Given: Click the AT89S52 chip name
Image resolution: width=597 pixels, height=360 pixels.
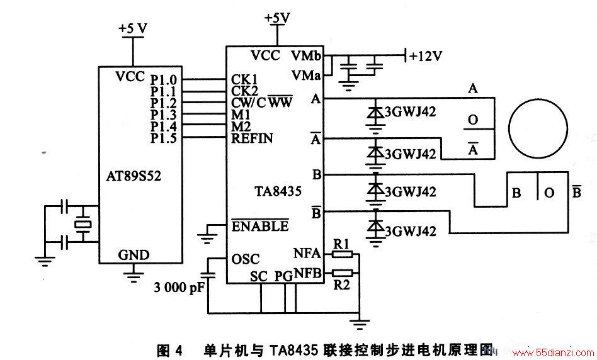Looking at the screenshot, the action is click(x=134, y=176).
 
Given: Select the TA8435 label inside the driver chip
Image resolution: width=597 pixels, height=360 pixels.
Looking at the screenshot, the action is click(x=278, y=191).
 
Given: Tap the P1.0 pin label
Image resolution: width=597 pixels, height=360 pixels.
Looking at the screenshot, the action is click(x=163, y=80).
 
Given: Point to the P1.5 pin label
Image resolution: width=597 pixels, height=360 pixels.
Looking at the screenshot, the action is click(x=163, y=138).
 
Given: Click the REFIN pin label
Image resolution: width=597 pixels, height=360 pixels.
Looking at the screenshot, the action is click(x=252, y=138).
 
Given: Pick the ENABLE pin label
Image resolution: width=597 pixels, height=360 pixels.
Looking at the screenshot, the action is click(x=260, y=226).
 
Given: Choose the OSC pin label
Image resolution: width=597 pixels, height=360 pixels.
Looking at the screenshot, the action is click(x=245, y=259).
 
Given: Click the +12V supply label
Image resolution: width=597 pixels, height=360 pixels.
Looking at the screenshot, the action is click(x=426, y=56).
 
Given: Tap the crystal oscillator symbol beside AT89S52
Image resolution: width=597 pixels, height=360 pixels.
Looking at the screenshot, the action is click(x=82, y=224).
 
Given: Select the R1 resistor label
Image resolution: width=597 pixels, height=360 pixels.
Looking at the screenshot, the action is click(x=341, y=244).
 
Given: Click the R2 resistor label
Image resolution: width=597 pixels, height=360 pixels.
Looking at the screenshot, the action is click(x=341, y=284).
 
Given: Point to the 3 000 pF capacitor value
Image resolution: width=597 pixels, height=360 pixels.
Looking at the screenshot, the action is click(x=179, y=288).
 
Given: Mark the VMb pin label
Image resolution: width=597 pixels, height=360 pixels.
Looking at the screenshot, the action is click(x=307, y=55).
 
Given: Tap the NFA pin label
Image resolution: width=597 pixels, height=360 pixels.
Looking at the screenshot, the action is click(x=307, y=253).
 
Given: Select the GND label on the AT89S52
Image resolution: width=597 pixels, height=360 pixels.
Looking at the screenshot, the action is click(x=134, y=255).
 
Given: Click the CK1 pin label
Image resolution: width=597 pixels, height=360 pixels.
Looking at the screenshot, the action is click(x=244, y=79).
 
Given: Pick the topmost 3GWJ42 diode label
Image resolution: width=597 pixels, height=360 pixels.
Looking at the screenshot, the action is click(x=410, y=112).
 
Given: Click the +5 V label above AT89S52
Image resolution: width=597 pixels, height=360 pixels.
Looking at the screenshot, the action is click(x=133, y=28).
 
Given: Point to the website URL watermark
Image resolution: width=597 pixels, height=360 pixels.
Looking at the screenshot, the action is click(x=552, y=352).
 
